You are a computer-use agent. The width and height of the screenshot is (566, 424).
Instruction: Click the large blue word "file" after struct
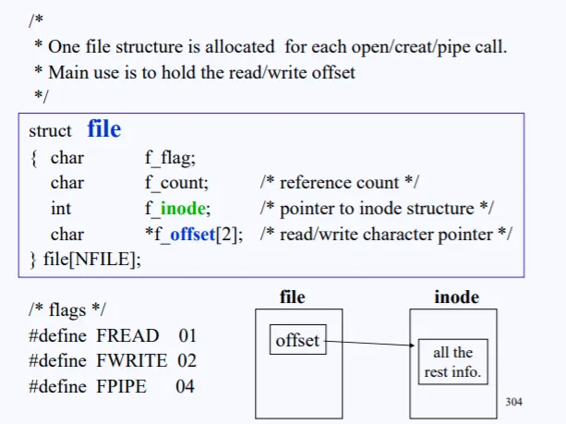point(104,129)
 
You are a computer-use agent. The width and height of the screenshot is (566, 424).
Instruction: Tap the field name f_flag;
point(171,158)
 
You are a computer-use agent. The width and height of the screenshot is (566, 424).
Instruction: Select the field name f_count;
point(177,183)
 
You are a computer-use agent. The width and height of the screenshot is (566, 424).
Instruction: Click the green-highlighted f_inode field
point(177,209)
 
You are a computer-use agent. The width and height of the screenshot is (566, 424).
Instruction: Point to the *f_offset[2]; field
point(194,234)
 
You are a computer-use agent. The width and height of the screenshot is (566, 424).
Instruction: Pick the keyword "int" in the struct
point(61,209)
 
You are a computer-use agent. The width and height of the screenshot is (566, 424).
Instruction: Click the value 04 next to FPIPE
point(185,385)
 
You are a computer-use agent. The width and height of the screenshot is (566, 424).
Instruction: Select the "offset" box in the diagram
point(297,340)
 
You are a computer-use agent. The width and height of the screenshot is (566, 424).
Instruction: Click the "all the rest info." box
point(452,362)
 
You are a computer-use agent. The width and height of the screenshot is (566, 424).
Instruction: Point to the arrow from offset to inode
point(369,345)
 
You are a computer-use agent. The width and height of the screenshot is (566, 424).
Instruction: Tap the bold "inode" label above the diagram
point(456,297)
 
